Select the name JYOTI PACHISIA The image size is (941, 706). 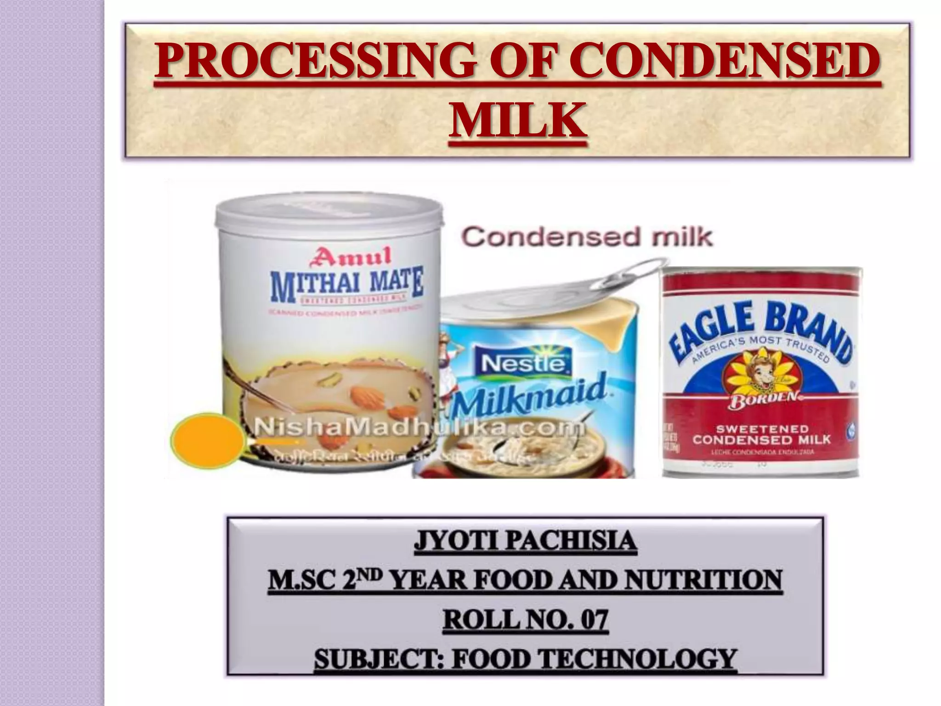click(x=525, y=541)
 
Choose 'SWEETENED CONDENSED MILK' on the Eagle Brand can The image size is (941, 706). click(x=761, y=434)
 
